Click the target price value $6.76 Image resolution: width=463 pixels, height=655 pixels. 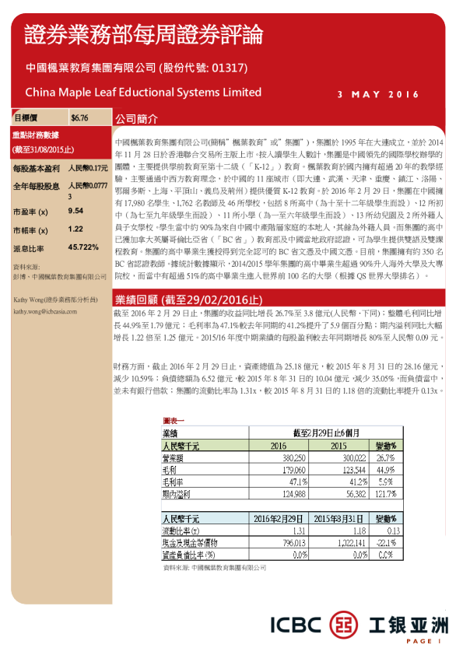tap(79, 118)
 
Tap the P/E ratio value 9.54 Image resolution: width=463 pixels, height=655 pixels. tap(76, 210)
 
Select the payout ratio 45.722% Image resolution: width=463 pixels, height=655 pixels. tap(84, 247)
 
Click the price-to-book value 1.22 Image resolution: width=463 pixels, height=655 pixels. tap(75, 229)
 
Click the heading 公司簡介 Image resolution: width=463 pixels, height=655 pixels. tap(136, 121)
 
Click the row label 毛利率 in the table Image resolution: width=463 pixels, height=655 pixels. tap(173, 482)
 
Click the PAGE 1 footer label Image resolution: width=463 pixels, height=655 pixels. tap(423, 641)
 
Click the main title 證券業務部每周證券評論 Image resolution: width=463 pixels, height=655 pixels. tap(144, 35)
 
